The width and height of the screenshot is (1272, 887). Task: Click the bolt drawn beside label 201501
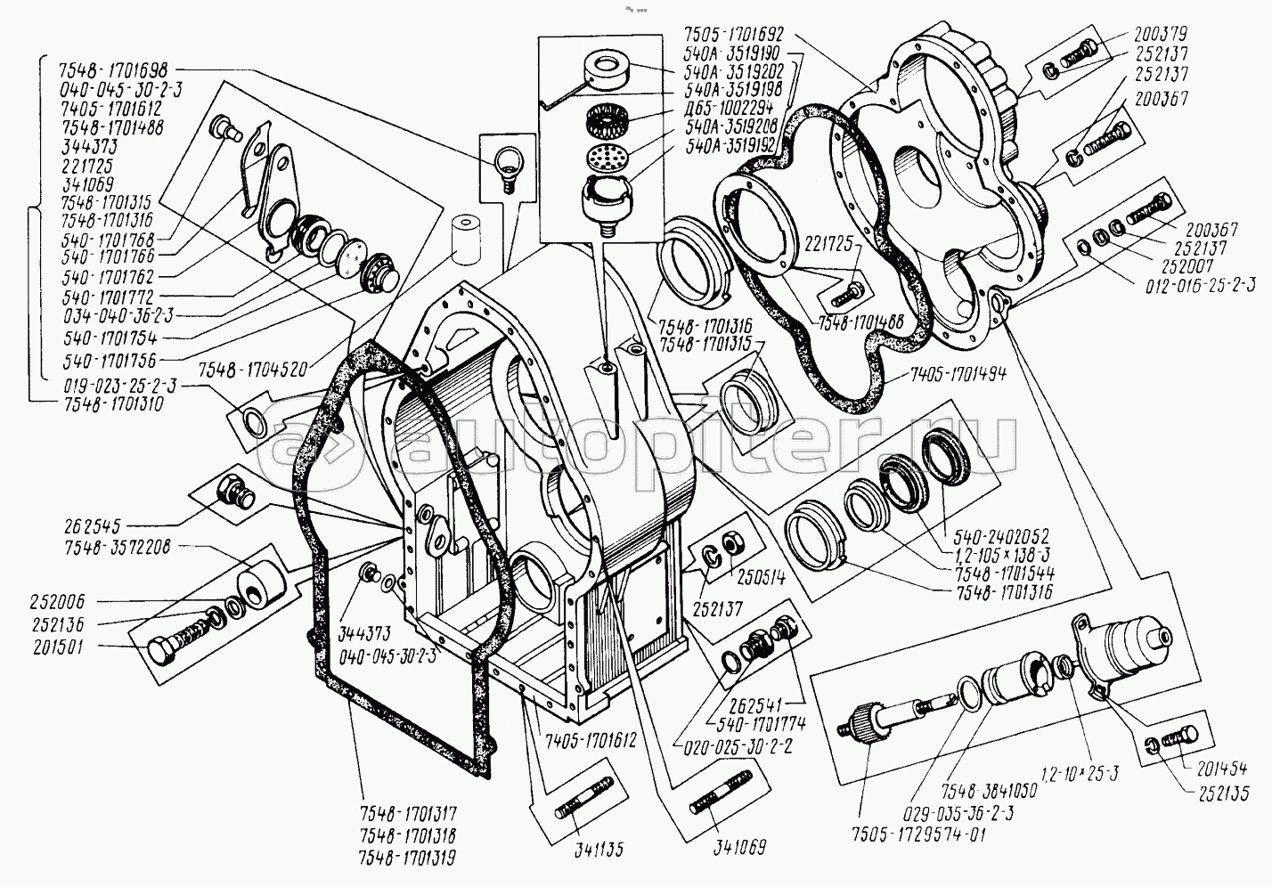click(179, 647)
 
